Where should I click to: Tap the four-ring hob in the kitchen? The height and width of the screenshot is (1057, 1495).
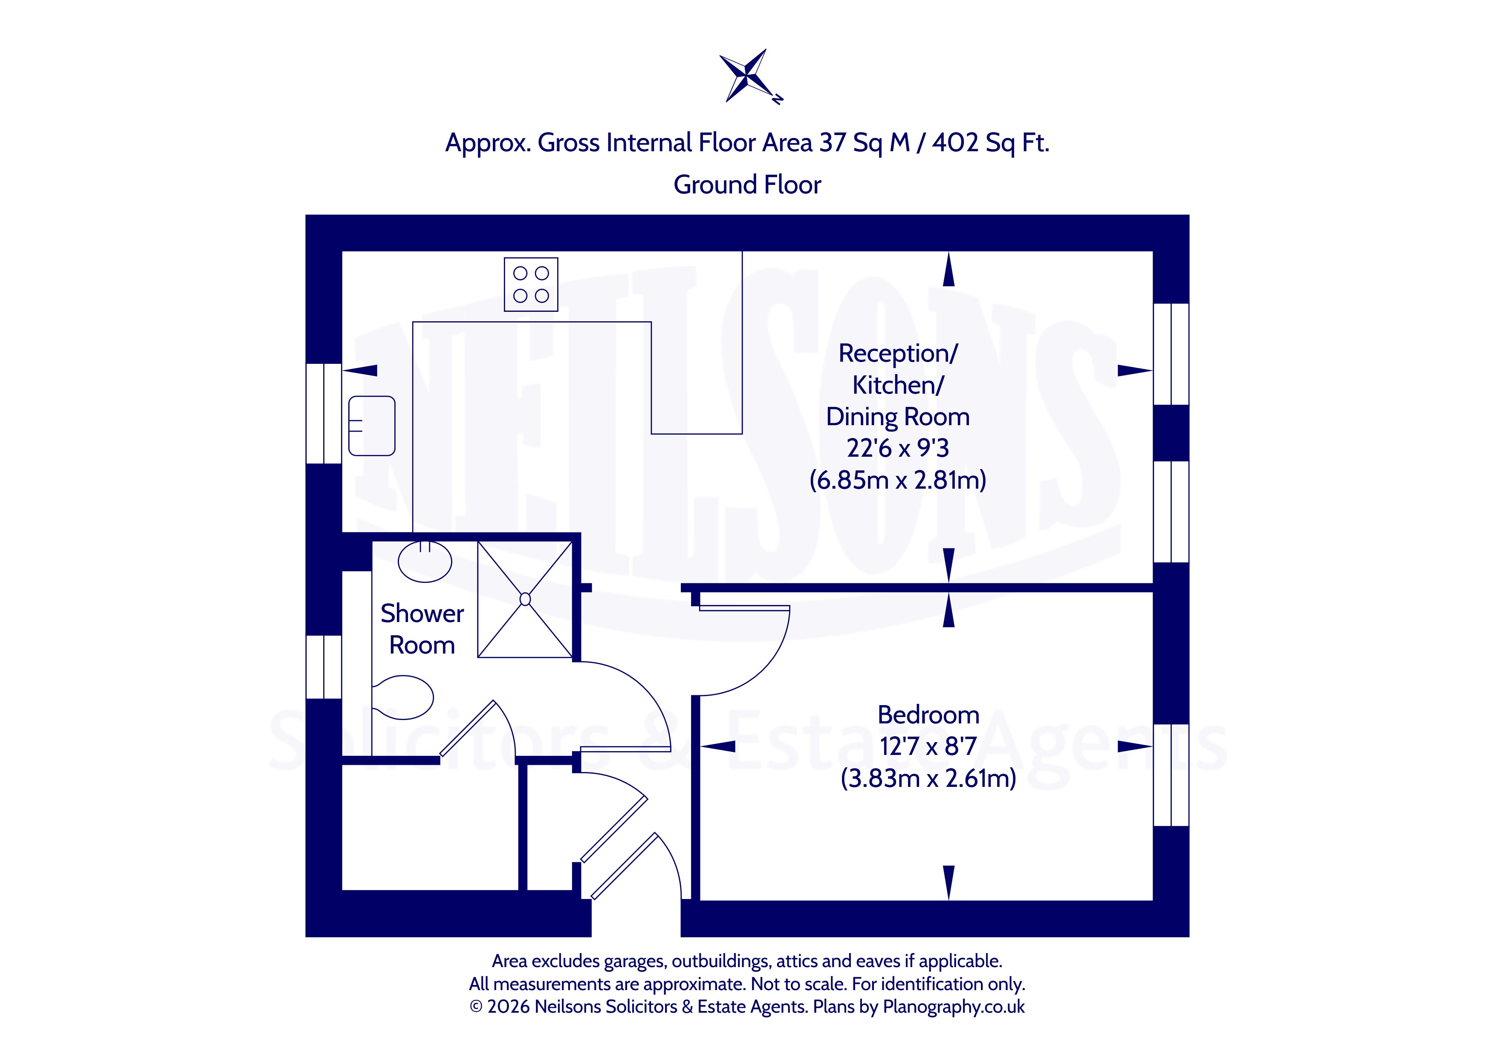pyautogui.click(x=531, y=285)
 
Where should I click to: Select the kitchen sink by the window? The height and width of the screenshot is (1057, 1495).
pyautogui.click(x=372, y=426)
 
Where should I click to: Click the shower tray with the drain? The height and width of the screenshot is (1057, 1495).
pyautogui.click(x=525, y=599)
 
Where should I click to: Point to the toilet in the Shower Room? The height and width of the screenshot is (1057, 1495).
pyautogui.click(x=403, y=697)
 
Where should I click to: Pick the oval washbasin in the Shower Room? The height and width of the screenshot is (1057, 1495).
pyautogui.click(x=425, y=561)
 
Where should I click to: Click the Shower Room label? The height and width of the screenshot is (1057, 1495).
pyautogui.click(x=422, y=629)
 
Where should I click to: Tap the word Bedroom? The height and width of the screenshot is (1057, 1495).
pyautogui.click(x=928, y=714)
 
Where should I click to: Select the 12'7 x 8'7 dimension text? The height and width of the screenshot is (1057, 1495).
pyautogui.click(x=928, y=746)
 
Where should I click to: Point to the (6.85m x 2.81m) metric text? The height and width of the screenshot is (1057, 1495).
pyautogui.click(x=898, y=480)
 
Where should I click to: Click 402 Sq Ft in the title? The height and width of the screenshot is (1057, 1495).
pyautogui.click(x=990, y=143)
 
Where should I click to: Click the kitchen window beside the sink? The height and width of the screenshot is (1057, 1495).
pyautogui.click(x=324, y=413)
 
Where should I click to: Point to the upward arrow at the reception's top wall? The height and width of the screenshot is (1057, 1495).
pyautogui.click(x=948, y=269)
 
